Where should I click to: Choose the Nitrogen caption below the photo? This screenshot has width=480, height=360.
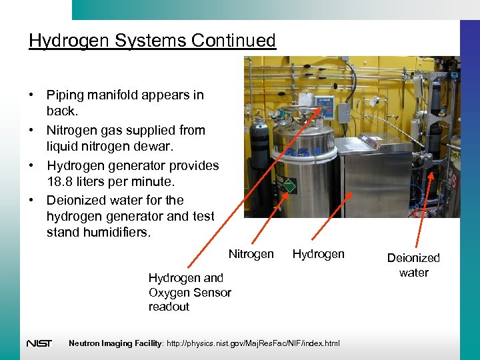click(251, 254)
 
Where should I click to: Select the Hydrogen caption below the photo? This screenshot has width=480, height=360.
click(319, 254)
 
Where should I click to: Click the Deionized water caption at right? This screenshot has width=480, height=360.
click(413, 265)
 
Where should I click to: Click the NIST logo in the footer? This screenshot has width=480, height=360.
click(39, 343)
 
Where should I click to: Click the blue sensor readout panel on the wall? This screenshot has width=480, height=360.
click(324, 107)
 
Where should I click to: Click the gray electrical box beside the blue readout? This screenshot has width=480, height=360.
click(343, 111)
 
